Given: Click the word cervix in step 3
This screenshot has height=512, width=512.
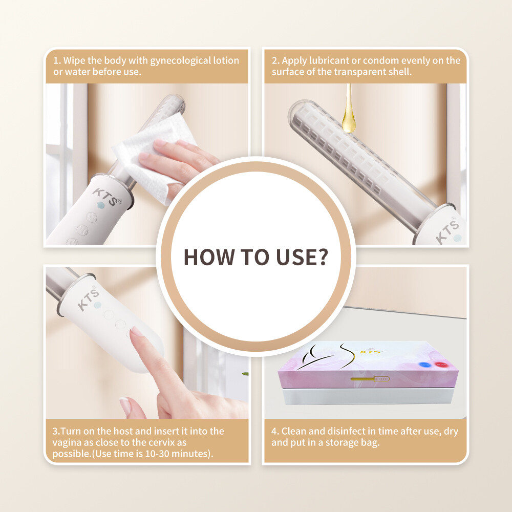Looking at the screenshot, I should (x=160, y=442).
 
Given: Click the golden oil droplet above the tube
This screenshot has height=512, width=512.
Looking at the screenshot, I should (x=349, y=121).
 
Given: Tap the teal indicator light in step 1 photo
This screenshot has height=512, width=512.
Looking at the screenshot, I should (x=101, y=204).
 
